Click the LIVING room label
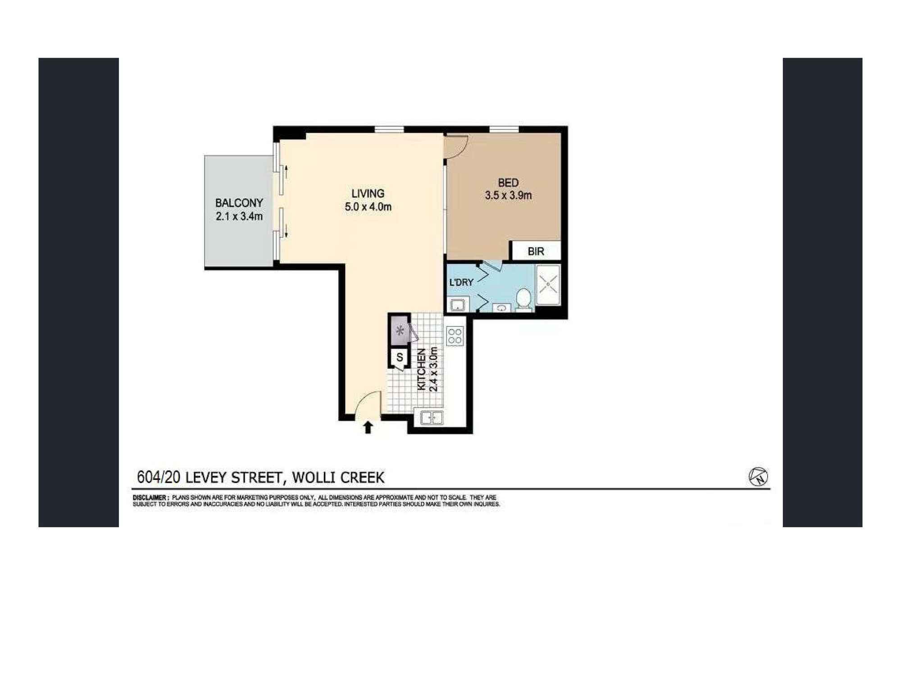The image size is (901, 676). click(368, 194)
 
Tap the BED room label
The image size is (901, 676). click(508, 183)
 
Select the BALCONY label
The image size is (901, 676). click(239, 203)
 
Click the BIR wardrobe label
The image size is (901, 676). click(536, 251)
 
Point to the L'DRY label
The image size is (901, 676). click(461, 283)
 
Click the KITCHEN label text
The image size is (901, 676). click(422, 370)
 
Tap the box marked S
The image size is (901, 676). click(400, 358)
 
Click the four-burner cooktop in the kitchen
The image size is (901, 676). click(455, 336)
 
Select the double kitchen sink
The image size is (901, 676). click(432, 418)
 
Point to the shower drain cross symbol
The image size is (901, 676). click(548, 284)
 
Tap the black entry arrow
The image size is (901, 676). click(368, 427)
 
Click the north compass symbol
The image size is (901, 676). click(758, 477)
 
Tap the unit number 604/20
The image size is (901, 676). click(159, 477)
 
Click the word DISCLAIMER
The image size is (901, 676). click(150, 498)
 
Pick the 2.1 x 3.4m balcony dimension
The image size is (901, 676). click(239, 216)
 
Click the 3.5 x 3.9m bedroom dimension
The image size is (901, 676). click(508, 196)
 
